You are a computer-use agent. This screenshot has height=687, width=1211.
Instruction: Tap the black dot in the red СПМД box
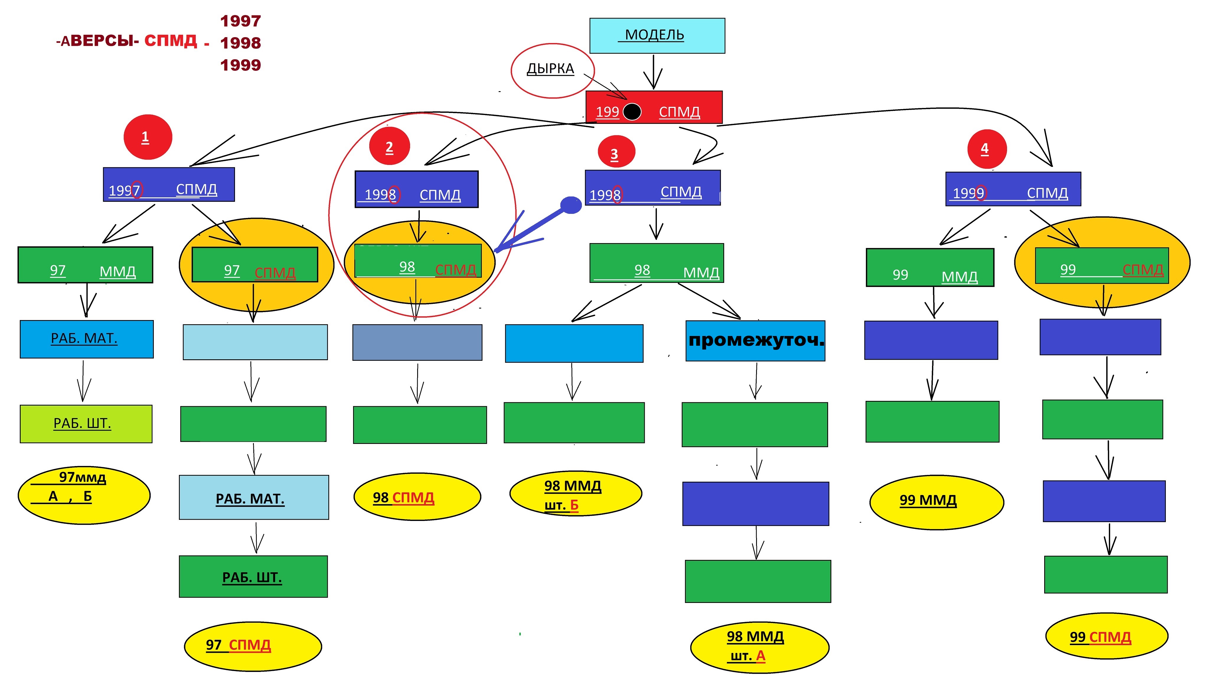[632, 112]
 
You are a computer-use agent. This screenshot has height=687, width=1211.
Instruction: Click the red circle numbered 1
[148, 137]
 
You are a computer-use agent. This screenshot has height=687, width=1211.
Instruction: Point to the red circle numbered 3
[616, 152]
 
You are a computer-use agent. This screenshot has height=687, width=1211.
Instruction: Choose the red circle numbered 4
[987, 149]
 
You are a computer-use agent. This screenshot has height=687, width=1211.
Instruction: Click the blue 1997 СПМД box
[169, 184]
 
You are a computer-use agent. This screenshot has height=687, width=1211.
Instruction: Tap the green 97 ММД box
[85, 265]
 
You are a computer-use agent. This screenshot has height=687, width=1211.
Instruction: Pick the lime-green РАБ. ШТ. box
[86, 424]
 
